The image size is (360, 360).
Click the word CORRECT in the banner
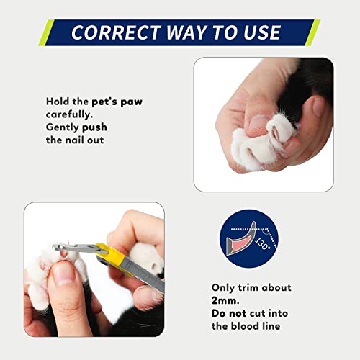click(117, 32)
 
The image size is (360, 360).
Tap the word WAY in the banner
click(186, 32)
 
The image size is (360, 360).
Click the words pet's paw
click(117, 102)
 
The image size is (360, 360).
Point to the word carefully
click(69, 114)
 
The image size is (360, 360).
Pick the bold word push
click(94, 127)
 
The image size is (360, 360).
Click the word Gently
click(63, 127)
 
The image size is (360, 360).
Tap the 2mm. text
click(225, 300)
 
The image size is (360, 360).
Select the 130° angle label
click(262, 243)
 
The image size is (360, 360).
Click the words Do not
click(229, 313)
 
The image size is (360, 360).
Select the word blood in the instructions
click(244, 326)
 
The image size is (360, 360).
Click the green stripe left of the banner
click(47, 32)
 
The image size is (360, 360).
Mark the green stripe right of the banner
click(312, 32)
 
